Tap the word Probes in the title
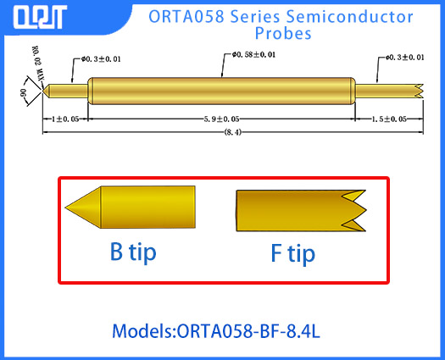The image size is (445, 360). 283,34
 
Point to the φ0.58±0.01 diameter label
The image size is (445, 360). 254,55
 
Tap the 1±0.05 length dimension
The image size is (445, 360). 64,119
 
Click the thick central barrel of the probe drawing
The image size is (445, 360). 220,90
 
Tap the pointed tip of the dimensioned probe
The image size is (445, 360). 48,90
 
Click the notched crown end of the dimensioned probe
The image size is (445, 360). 417,90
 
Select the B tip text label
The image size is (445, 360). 133,252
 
